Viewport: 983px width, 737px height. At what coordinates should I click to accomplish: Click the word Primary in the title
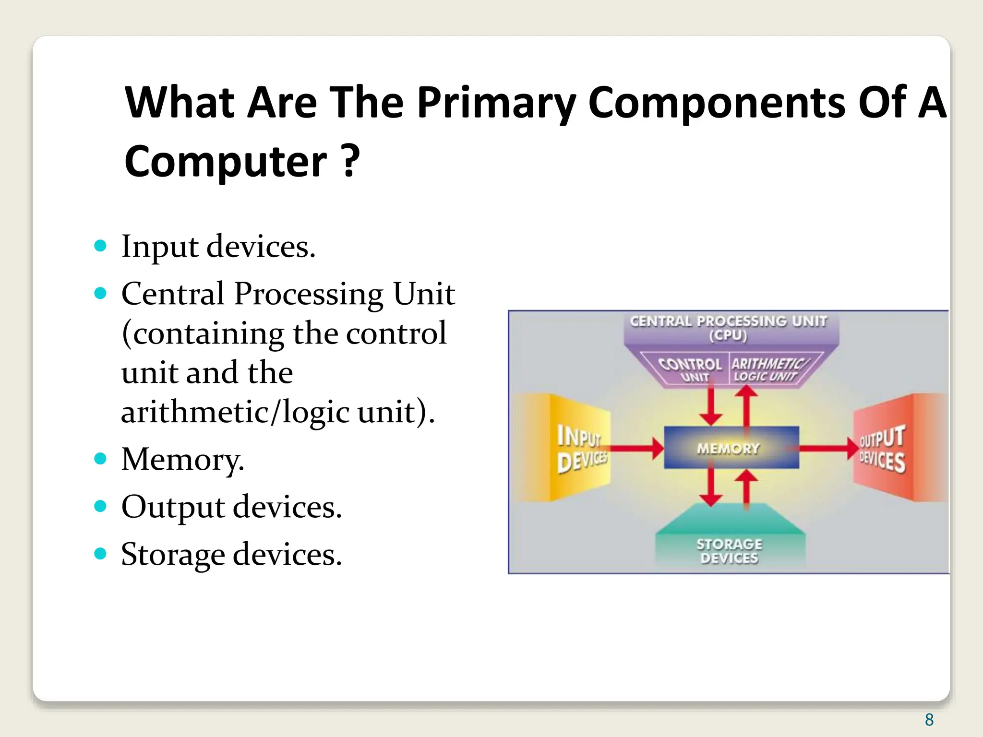coord(496,103)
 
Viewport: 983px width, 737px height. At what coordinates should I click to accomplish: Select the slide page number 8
coord(929,720)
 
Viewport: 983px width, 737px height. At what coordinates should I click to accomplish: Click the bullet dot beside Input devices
coord(100,246)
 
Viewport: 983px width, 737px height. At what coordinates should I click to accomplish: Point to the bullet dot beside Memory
coord(100,459)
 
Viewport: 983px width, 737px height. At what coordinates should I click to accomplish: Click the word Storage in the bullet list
coord(173,555)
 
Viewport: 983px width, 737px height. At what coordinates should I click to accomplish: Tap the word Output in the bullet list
coord(173,507)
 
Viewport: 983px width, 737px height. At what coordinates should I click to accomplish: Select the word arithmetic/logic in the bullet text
coord(235,412)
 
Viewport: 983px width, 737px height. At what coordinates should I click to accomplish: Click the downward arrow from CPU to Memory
coord(711,405)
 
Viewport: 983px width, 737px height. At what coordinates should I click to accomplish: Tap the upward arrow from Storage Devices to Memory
coord(746,487)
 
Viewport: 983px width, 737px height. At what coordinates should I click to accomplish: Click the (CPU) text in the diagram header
coord(728,335)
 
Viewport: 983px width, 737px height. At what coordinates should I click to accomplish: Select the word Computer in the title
coord(226,162)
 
